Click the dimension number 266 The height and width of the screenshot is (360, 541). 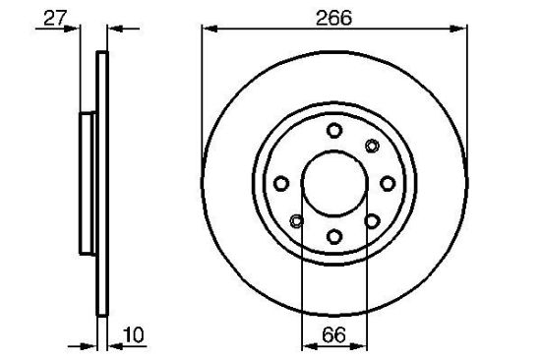pos(333,18)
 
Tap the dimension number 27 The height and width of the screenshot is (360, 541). pos(55,18)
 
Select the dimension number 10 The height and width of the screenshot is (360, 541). pos(133,334)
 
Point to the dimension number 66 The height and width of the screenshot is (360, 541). pos(333,334)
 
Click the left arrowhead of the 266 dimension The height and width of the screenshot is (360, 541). pos(210,29)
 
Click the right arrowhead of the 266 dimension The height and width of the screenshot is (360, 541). pos(458,29)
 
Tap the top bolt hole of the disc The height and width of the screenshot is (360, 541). pos(334,131)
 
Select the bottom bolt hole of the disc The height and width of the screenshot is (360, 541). pos(334,237)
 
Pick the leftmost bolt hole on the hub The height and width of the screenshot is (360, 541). pos(281,183)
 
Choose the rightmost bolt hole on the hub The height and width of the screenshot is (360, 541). pos(388,183)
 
